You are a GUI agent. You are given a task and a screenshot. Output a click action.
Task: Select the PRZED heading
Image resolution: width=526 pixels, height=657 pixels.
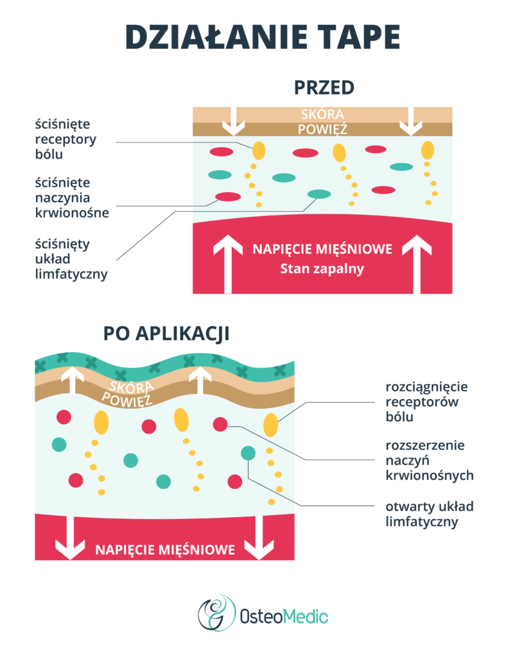click(x=324, y=87)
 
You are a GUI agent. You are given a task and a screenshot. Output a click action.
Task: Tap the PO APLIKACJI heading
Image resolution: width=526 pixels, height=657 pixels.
click(x=166, y=334)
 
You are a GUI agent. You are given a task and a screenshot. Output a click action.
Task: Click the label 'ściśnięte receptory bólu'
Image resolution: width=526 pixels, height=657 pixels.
click(x=67, y=139)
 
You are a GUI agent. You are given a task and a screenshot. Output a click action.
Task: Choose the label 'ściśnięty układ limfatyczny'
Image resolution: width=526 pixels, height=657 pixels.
click(x=71, y=259)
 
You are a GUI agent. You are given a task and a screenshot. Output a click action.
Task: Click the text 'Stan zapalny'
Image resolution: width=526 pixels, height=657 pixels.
click(x=322, y=269)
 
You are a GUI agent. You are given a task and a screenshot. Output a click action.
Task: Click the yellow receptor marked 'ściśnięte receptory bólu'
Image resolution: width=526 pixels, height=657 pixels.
click(x=258, y=149)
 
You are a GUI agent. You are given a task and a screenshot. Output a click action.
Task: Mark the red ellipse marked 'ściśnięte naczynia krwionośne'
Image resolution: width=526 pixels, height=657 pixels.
click(x=227, y=196)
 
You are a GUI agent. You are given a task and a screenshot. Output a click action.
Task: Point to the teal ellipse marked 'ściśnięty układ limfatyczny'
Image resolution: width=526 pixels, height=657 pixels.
click(x=319, y=194)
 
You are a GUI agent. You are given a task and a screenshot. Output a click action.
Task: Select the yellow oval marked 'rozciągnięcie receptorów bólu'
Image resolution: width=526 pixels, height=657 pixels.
click(x=270, y=425)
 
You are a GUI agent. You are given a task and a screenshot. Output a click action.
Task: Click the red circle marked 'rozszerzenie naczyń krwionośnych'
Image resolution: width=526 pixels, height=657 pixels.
click(x=220, y=424)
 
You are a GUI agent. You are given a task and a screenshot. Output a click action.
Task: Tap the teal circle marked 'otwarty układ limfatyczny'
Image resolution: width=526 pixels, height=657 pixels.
click(x=248, y=453)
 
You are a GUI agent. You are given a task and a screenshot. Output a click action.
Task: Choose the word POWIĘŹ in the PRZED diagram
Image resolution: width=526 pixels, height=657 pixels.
click(x=322, y=129)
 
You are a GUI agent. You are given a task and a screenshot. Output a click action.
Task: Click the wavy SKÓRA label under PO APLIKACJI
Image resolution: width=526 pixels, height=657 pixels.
click(x=131, y=387)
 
